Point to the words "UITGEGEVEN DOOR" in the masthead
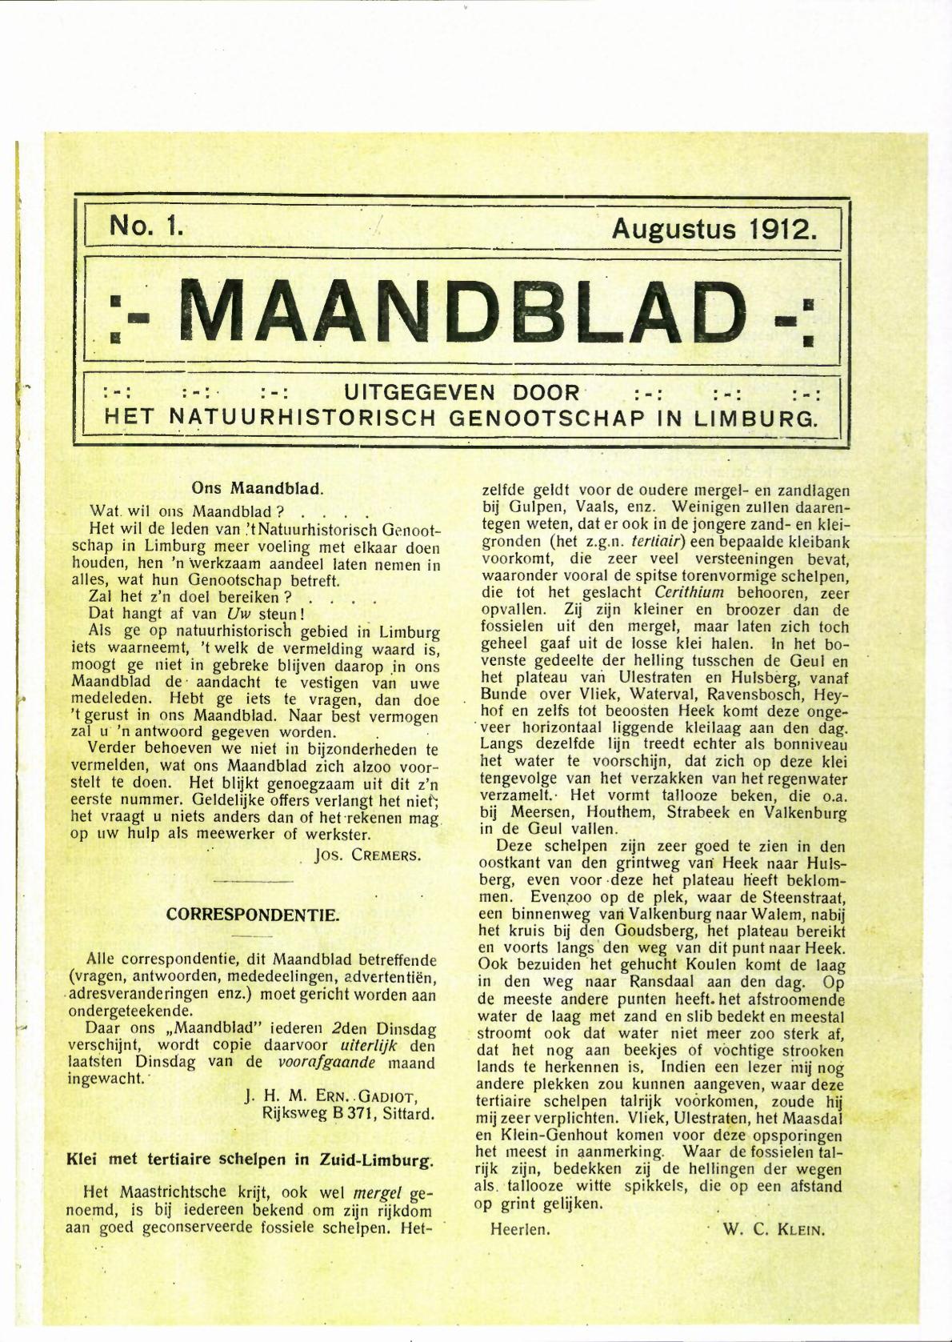[462, 393]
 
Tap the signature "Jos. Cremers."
[368, 855]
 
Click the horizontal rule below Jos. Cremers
[254, 882]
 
